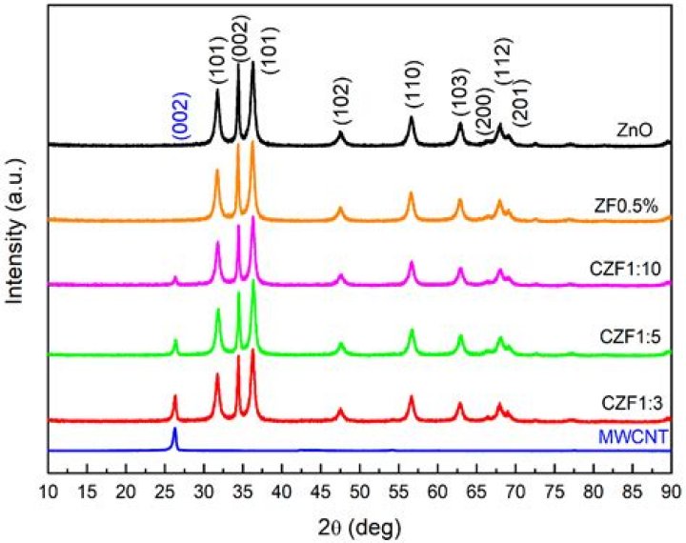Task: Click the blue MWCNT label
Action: (626, 437)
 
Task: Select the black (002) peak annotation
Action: (238, 39)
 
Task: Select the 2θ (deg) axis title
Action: (360, 525)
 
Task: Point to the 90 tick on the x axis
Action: (671, 493)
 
